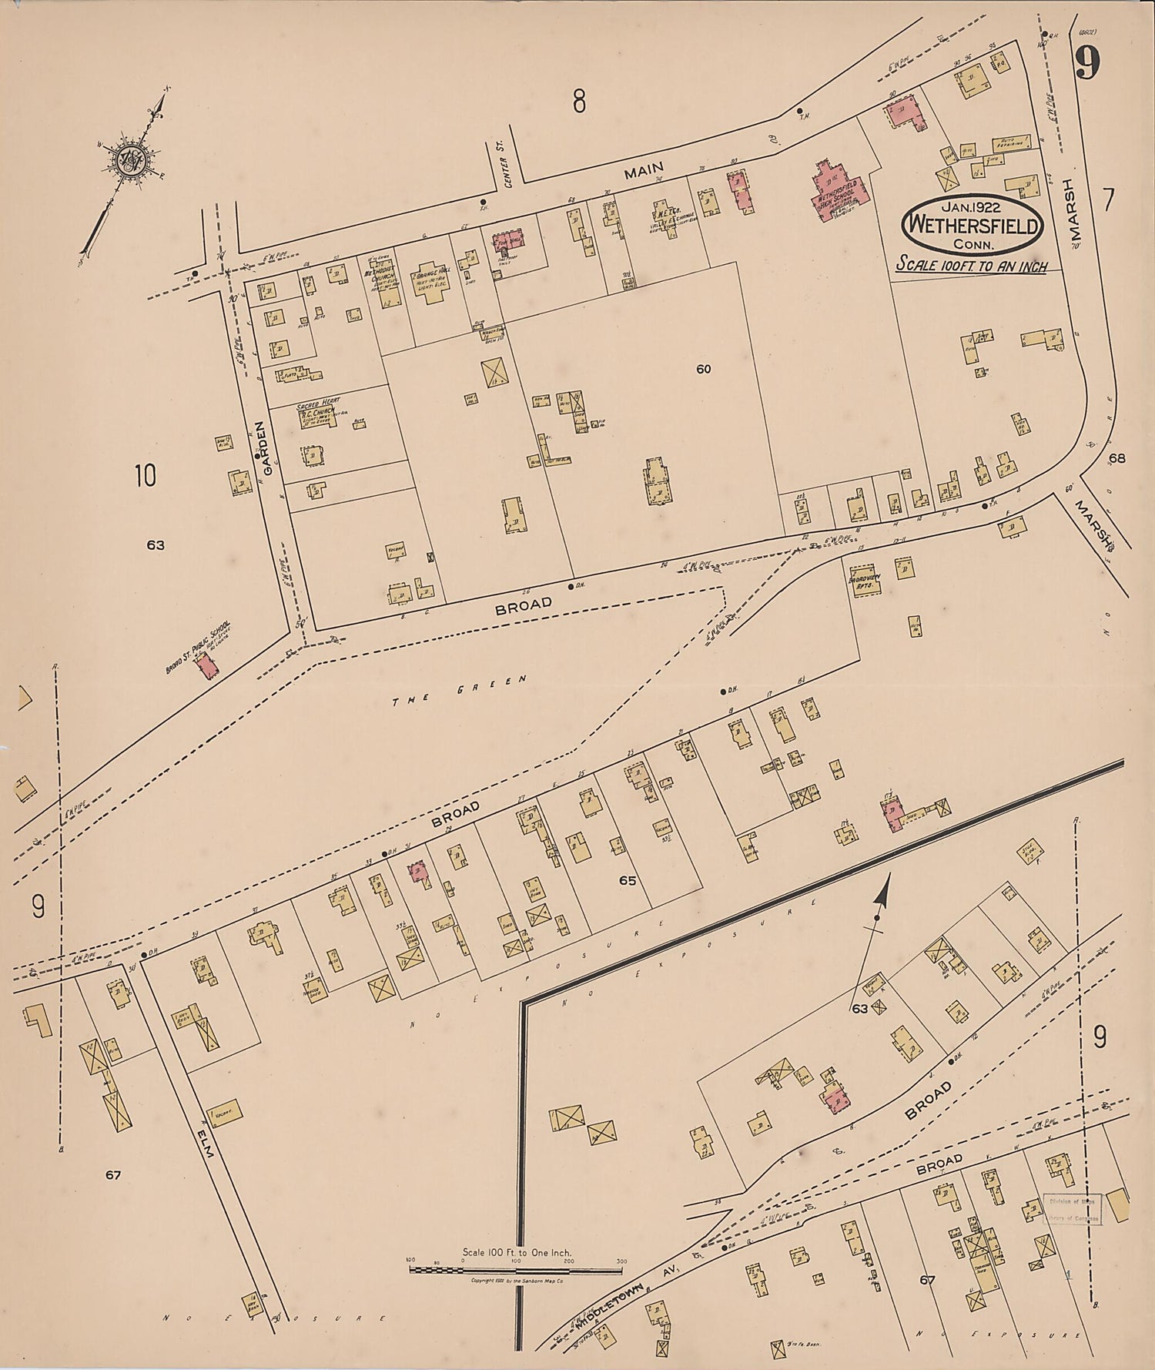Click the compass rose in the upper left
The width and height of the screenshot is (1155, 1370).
point(125,159)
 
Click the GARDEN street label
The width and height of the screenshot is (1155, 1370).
point(259,445)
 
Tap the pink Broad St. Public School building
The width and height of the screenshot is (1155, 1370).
point(204,665)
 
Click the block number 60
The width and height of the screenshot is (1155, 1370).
point(703,369)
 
